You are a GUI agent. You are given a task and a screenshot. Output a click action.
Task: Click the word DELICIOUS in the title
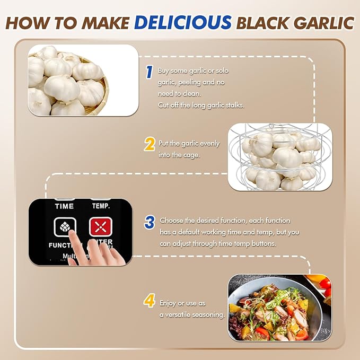(x=183, y=22)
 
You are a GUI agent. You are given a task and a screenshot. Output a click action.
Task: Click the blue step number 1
(x=150, y=71)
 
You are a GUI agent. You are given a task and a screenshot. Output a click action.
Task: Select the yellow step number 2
(x=150, y=144)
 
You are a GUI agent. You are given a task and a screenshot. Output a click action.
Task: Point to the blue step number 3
(x=150, y=222)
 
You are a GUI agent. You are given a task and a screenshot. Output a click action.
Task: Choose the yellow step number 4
(x=150, y=302)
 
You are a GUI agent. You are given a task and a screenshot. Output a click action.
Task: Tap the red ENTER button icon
(x=99, y=227)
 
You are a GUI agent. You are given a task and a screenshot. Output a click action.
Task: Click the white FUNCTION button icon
(x=64, y=227)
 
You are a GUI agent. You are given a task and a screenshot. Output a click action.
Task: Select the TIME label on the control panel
(x=64, y=205)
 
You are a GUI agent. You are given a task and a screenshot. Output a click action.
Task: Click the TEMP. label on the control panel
(x=101, y=205)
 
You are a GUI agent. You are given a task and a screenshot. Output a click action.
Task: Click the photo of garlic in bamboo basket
(x=83, y=80)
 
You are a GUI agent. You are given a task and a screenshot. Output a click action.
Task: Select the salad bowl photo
(x=279, y=308)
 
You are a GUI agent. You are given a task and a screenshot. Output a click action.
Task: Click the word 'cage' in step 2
(x=194, y=154)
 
